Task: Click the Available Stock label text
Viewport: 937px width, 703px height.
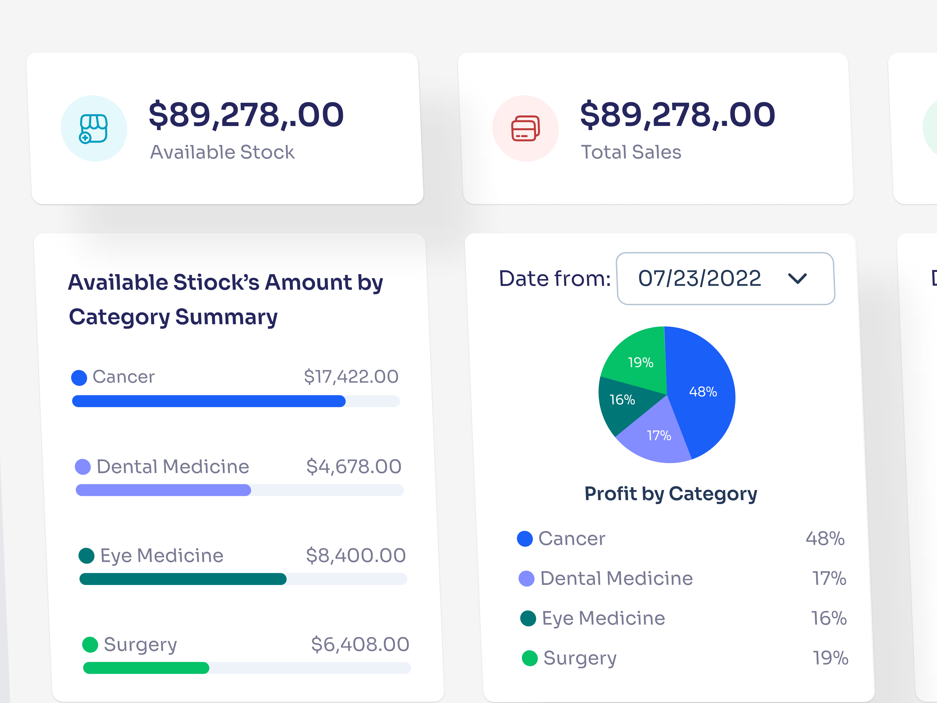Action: coord(222,152)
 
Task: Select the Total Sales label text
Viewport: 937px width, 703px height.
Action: coord(631,152)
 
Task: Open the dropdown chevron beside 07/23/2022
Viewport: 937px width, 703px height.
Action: coord(797,278)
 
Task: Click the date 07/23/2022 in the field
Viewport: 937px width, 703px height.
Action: coord(699,278)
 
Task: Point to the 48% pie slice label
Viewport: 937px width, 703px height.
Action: coord(703,392)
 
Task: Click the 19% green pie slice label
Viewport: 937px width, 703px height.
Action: coord(640,362)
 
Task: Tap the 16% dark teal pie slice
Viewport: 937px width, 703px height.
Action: coord(622,400)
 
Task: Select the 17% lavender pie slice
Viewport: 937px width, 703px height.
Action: coord(659,436)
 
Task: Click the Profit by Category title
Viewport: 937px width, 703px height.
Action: coord(671,494)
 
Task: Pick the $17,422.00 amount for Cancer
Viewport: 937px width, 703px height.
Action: coord(351,376)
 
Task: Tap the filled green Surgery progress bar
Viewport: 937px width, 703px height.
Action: coord(146,668)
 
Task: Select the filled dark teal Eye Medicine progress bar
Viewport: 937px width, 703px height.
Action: coord(183,579)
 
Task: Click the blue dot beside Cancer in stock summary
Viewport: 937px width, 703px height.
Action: coord(79,378)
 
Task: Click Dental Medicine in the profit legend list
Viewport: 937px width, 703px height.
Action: coord(616,579)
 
